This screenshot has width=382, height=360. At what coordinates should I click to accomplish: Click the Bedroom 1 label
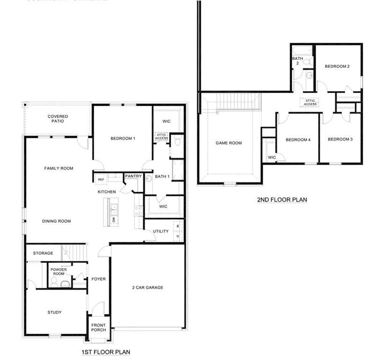pos(123,138)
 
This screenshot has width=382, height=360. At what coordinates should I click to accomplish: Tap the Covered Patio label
pos(58,119)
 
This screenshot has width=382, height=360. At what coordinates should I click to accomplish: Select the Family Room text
pos(59,168)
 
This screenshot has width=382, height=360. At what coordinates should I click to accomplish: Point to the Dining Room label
pos(57,221)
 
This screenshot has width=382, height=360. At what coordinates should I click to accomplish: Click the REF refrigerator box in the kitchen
pos(101,180)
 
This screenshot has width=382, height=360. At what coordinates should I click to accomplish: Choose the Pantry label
pos(133,176)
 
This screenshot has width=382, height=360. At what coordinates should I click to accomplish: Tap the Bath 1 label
pos(162,176)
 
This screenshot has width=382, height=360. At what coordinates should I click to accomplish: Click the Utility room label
pos(161,231)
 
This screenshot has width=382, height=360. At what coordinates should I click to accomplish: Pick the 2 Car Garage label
pos(147,287)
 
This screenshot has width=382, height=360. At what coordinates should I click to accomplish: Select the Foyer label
pos(98,279)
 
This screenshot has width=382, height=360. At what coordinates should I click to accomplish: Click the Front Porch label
pos(98,327)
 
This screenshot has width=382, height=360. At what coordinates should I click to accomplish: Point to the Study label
pos(54,312)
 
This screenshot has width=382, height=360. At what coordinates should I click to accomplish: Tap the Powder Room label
pos(59,271)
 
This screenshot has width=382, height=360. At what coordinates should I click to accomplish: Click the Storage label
pos(43,253)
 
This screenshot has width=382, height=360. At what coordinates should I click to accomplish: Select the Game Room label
pos(228,143)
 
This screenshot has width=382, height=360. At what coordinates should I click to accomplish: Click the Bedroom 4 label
pos(298,140)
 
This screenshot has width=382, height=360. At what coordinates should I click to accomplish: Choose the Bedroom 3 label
pos(340,139)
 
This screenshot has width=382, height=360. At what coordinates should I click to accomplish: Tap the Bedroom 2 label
pos(337,67)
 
